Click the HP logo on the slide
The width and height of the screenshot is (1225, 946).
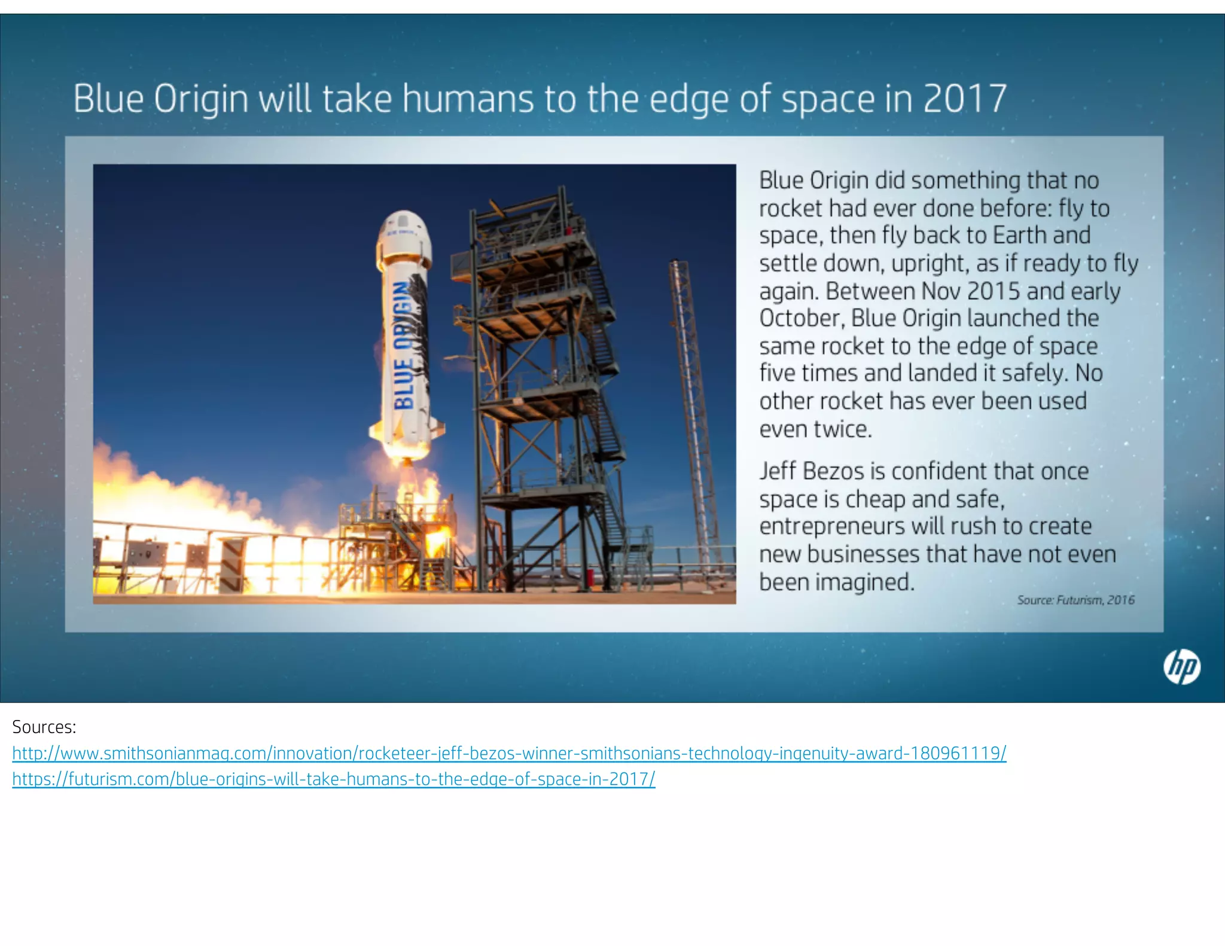(1181, 667)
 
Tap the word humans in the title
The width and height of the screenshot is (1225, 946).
(468, 99)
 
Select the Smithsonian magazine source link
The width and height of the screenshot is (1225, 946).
(509, 753)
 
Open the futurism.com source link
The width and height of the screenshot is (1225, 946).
(334, 779)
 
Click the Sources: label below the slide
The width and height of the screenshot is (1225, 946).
(44, 727)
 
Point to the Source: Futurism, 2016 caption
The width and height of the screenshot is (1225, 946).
(1075, 600)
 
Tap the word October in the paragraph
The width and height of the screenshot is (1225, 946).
(801, 318)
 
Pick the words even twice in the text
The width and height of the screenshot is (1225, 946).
(815, 429)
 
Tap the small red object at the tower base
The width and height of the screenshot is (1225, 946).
(589, 577)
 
